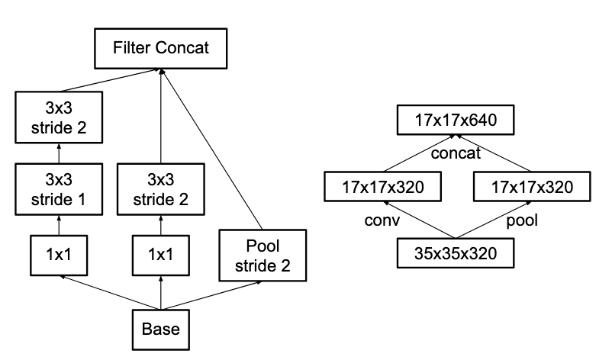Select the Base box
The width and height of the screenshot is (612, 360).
point(160,329)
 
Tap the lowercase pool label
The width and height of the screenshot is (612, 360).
point(521,220)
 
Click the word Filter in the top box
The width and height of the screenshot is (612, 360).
point(131,49)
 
